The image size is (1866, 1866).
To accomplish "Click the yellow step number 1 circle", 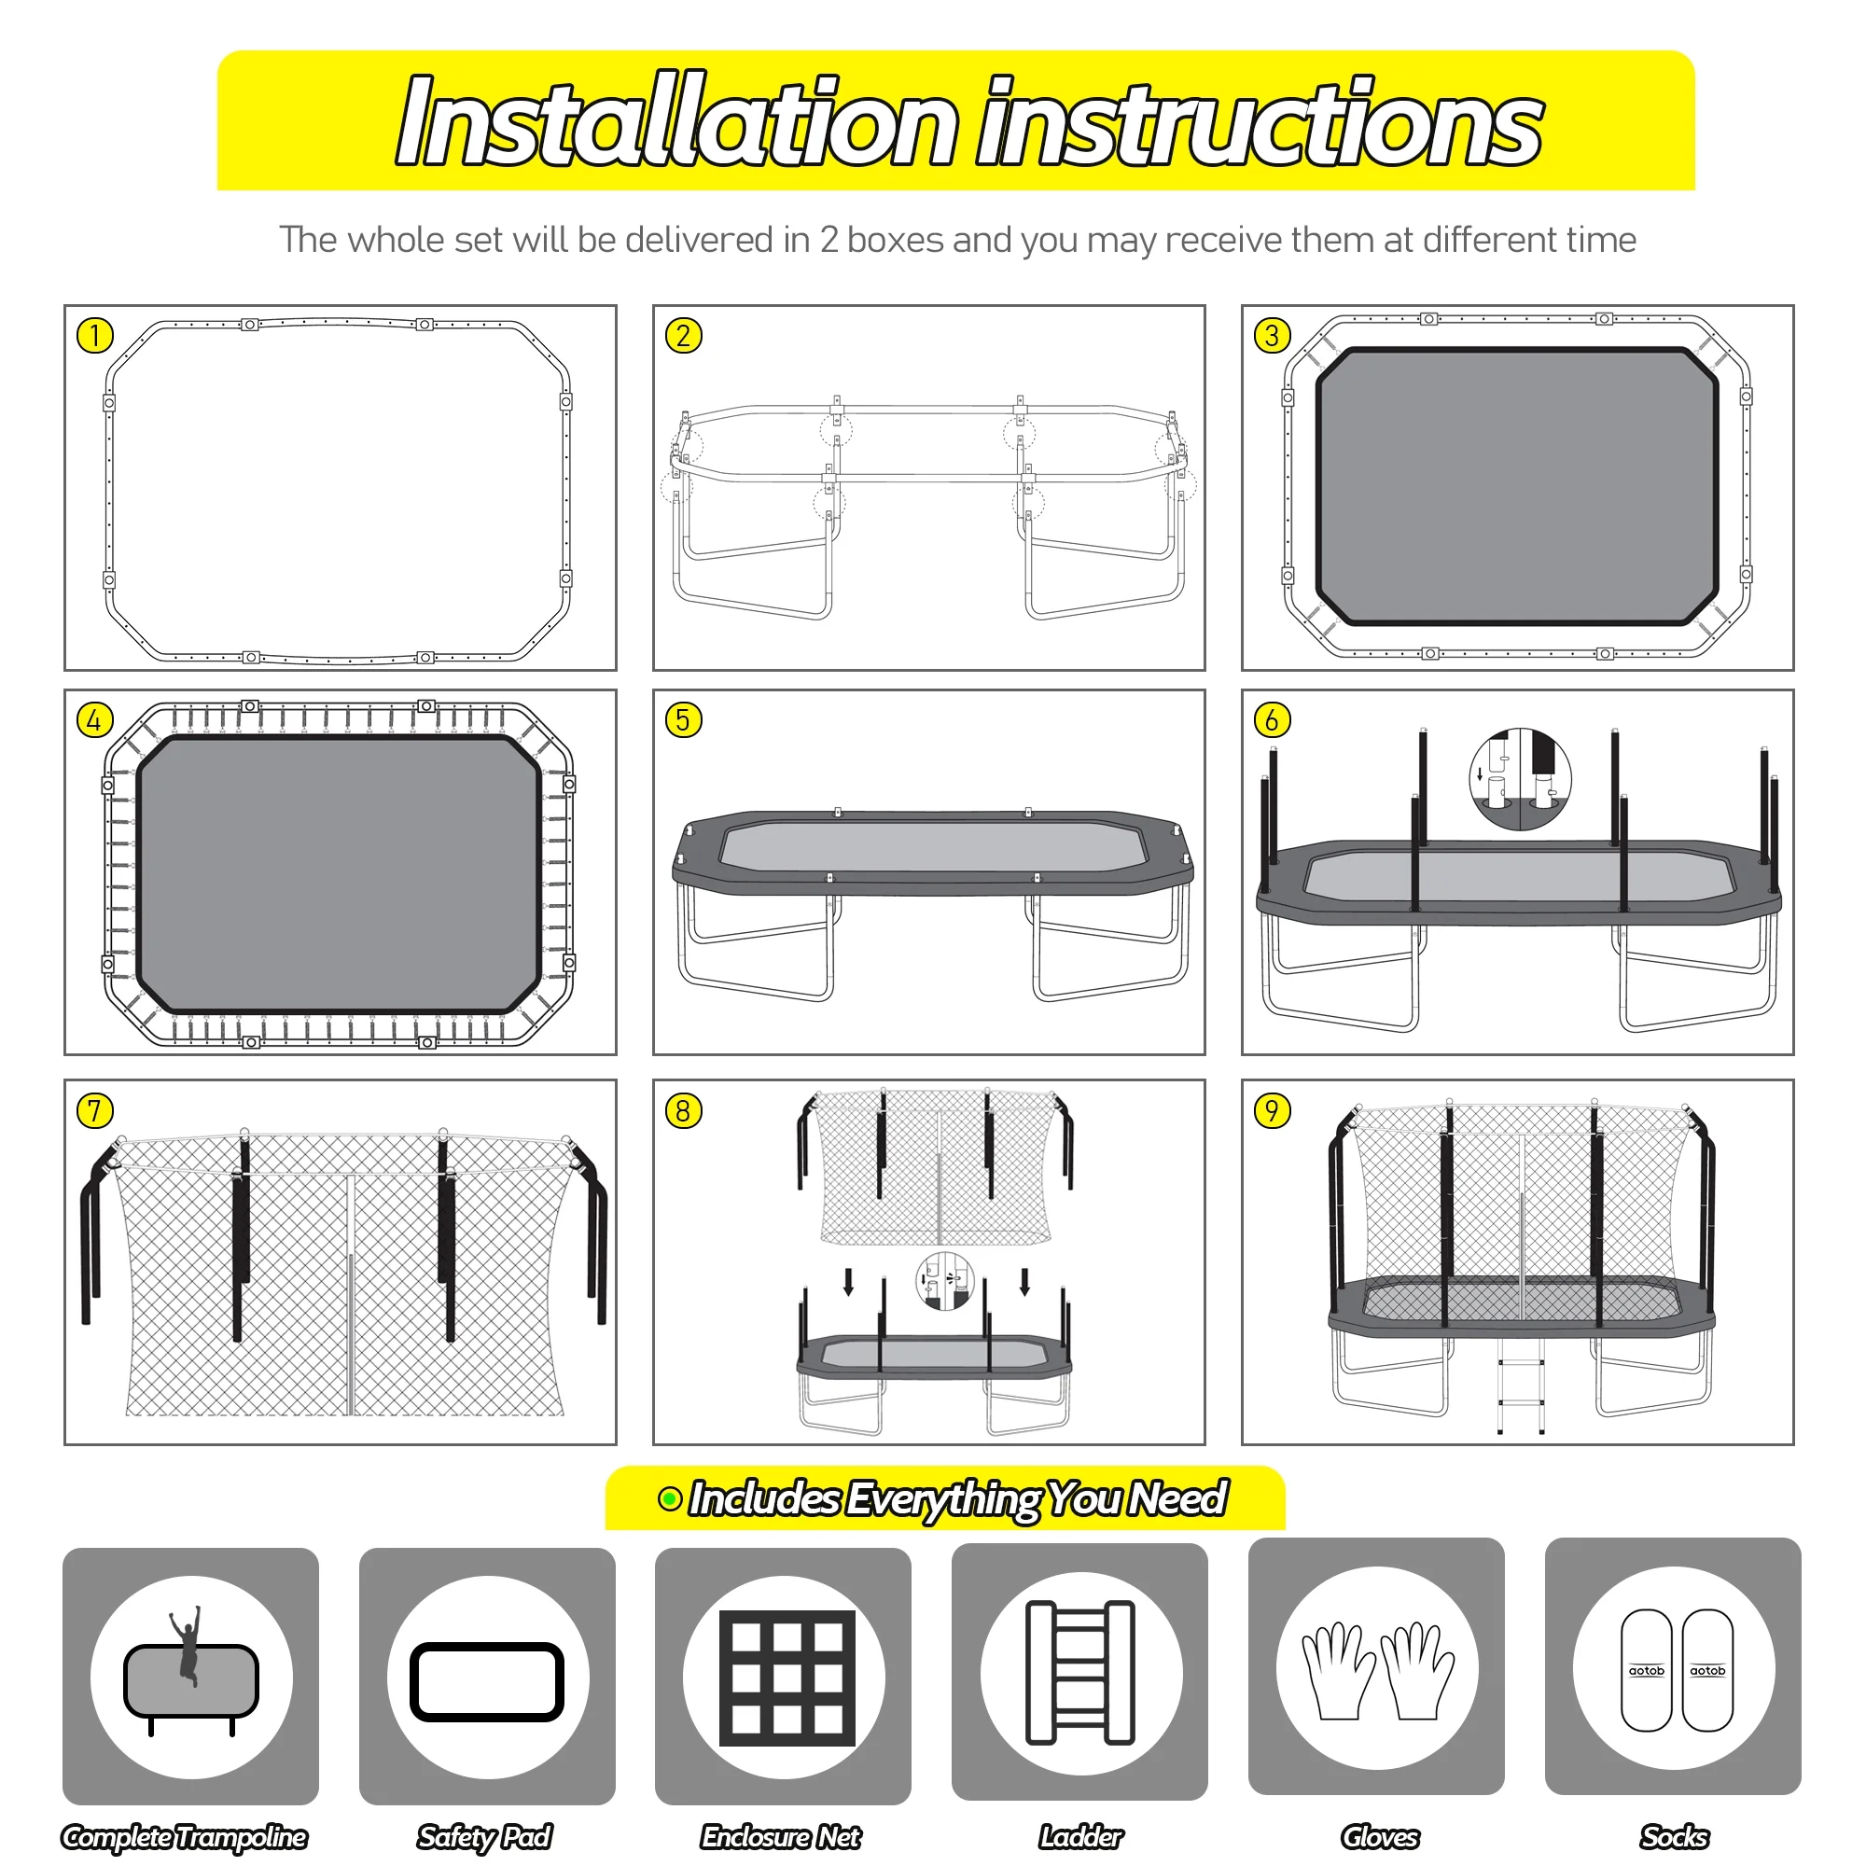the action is point(94,336).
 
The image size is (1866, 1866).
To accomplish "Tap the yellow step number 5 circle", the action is point(684,720).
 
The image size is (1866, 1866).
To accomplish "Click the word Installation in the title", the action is point(677,120).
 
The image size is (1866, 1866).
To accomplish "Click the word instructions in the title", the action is point(1260,120).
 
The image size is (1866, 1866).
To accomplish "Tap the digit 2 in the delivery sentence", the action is point(829,241).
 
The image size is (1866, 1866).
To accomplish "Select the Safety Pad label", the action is point(485,1836).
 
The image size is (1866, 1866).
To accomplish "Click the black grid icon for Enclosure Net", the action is point(787,1678).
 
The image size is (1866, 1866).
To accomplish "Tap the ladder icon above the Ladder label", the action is point(1079,1672).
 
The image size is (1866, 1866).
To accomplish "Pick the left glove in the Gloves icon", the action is point(1338,1671).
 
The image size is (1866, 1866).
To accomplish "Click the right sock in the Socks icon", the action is point(1706,1670).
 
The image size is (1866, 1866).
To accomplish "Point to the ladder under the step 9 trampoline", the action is point(1519,1386).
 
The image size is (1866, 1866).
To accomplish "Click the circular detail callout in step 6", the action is point(1520,779).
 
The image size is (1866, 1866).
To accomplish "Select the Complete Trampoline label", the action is point(185,1836).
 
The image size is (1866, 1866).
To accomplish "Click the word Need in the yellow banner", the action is point(1178,1498).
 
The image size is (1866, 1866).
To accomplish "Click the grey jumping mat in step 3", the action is point(1517,486).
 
